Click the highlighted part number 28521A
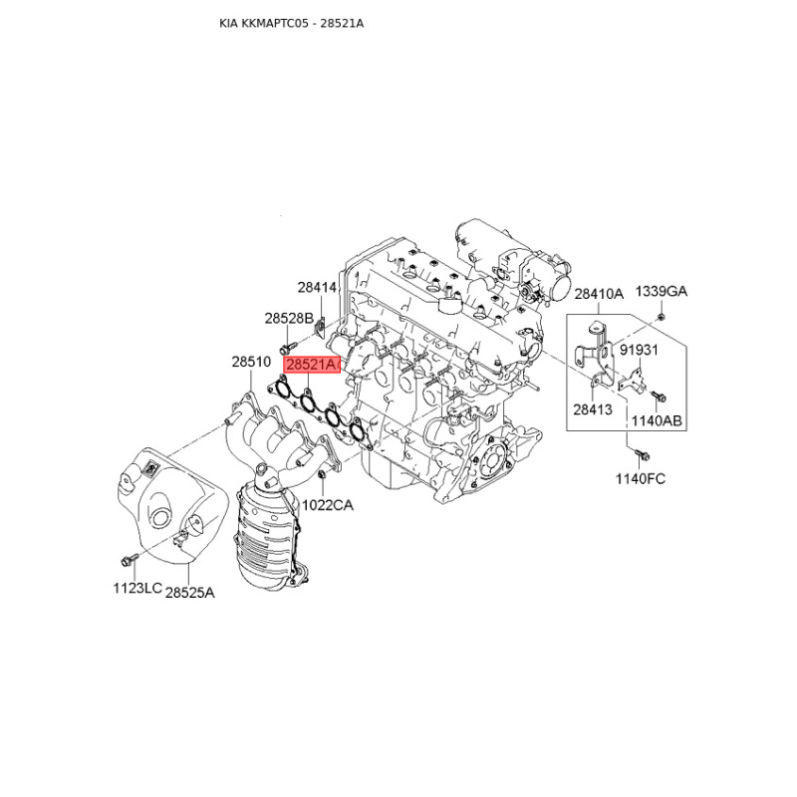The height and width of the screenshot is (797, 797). pyautogui.click(x=311, y=365)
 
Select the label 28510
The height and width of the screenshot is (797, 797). pyautogui.click(x=251, y=362)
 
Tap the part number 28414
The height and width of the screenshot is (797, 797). pyautogui.click(x=317, y=288)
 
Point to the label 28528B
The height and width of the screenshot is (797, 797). pyautogui.click(x=289, y=318)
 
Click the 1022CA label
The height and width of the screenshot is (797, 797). pyautogui.click(x=328, y=505)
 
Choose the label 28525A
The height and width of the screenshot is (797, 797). pyautogui.click(x=190, y=592)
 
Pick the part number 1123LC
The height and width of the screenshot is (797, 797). pyautogui.click(x=137, y=588)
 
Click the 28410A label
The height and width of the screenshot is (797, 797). pyautogui.click(x=599, y=294)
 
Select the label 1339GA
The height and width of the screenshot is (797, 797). pyautogui.click(x=662, y=291)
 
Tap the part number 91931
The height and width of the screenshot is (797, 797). pyautogui.click(x=638, y=350)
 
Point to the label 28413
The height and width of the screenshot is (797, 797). pyautogui.click(x=593, y=409)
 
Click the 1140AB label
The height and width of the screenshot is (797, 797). pyautogui.click(x=657, y=420)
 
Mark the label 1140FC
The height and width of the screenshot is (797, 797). pyautogui.click(x=641, y=479)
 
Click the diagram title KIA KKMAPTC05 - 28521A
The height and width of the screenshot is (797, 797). pyautogui.click(x=291, y=23)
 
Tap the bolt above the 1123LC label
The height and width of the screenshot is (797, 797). pyautogui.click(x=130, y=560)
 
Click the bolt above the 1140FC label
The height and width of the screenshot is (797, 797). pyautogui.click(x=642, y=454)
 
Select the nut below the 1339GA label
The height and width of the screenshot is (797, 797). pyautogui.click(x=661, y=317)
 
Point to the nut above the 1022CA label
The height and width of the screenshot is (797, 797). pyautogui.click(x=321, y=475)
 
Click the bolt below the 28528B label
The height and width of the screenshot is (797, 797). pyautogui.click(x=287, y=348)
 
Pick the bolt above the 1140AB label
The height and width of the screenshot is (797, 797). pyautogui.click(x=659, y=396)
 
